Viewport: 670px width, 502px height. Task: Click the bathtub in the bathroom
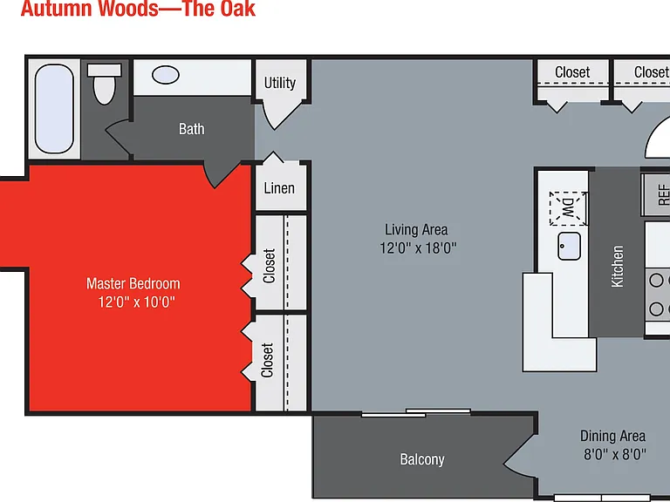[54, 108]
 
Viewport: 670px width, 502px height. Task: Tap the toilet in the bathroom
[105, 84]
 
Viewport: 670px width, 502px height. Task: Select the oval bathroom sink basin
[166, 75]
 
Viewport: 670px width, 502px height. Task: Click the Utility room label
[280, 83]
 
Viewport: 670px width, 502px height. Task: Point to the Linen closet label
[279, 188]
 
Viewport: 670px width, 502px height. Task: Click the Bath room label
[191, 128]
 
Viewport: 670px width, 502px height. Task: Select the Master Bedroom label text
[133, 283]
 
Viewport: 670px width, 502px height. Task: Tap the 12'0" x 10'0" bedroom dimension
[137, 302]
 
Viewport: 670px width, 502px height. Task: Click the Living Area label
[417, 230]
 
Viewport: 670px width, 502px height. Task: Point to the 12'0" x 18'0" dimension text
[419, 248]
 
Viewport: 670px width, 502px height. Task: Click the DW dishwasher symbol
[568, 209]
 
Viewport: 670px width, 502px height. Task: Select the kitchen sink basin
[569, 246]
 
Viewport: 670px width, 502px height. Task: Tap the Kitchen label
[618, 267]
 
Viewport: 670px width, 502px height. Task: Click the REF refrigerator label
[664, 194]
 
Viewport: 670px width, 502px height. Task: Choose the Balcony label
[422, 459]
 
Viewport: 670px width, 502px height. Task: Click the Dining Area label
[612, 437]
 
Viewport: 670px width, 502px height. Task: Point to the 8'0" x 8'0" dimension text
[615, 454]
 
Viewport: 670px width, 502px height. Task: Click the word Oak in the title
[237, 9]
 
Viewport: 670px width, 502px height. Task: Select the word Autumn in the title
[57, 9]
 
